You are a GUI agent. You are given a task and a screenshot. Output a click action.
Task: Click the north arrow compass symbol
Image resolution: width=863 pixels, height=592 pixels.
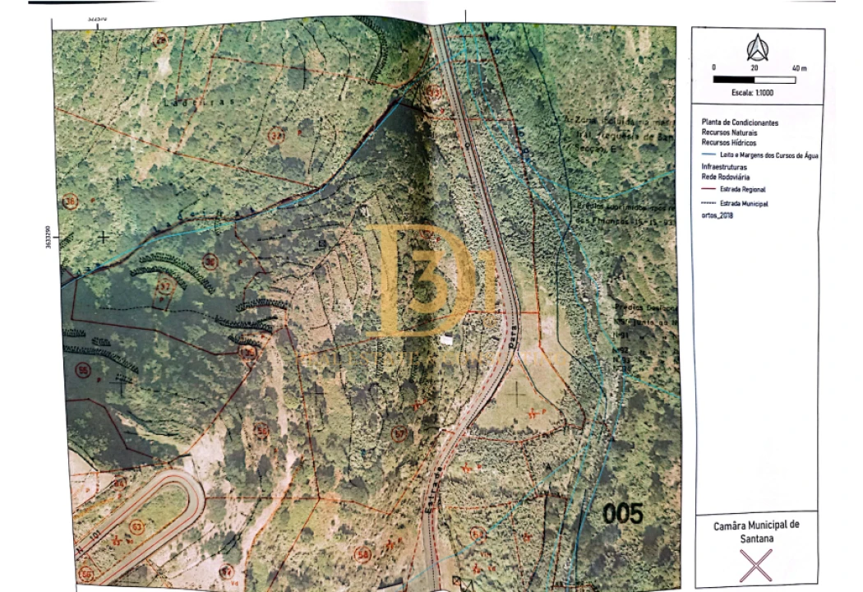click(x=755, y=49)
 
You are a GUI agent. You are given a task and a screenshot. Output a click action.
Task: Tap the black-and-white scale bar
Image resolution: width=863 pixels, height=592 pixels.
click(x=755, y=80)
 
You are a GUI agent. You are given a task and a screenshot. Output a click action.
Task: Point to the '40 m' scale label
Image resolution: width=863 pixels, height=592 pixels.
click(x=799, y=67)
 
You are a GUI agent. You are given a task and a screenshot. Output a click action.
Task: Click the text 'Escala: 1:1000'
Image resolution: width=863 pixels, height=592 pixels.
click(x=752, y=93)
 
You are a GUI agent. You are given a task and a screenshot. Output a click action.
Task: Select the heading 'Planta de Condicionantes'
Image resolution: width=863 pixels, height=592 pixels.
click(x=740, y=123)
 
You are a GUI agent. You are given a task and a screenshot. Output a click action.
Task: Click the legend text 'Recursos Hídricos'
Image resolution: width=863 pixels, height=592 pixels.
click(x=730, y=141)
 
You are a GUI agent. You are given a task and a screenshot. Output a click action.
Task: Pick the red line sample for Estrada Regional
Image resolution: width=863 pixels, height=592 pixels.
click(x=709, y=189)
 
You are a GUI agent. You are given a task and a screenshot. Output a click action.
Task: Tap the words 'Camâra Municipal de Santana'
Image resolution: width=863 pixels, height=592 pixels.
click(x=755, y=530)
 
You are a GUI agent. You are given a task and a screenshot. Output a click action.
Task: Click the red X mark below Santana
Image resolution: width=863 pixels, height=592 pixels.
click(x=756, y=566)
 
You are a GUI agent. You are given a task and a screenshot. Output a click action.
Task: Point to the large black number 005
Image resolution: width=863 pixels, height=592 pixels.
click(x=623, y=514)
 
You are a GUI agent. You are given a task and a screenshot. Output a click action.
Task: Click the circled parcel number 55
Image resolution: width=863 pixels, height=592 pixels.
click(x=82, y=371)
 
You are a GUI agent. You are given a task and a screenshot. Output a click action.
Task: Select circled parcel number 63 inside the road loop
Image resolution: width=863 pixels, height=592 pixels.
click(x=136, y=526)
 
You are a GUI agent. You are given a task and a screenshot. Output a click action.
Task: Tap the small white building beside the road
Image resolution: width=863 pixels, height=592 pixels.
click(x=446, y=339)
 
